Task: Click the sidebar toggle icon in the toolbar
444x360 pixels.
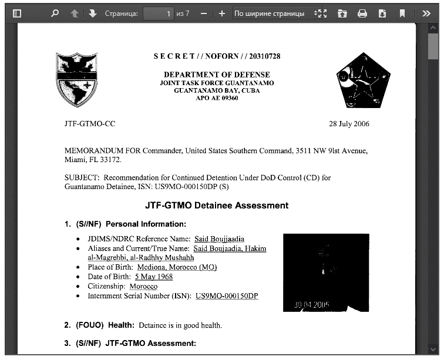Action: pyautogui.click(x=17, y=13)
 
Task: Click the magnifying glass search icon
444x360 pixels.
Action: pyautogui.click(x=55, y=13)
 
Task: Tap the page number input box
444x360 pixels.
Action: pyautogui.click(x=158, y=13)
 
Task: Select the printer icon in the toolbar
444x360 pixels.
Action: pyautogui.click(x=362, y=13)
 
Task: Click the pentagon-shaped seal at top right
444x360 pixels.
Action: pyautogui.click(x=364, y=80)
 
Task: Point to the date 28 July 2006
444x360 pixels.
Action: pyautogui.click(x=349, y=124)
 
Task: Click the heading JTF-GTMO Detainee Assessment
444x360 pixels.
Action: pyautogui.click(x=217, y=206)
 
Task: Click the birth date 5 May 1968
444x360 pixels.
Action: pyautogui.click(x=153, y=277)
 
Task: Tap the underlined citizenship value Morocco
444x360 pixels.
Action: pyautogui.click(x=143, y=286)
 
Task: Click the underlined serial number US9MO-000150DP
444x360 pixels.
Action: pyautogui.click(x=227, y=295)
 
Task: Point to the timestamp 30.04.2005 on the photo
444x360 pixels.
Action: pyautogui.click(x=312, y=305)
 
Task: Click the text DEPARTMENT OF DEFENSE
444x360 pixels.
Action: pyautogui.click(x=217, y=75)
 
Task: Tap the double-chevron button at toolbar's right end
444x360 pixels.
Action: pyautogui.click(x=427, y=13)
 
